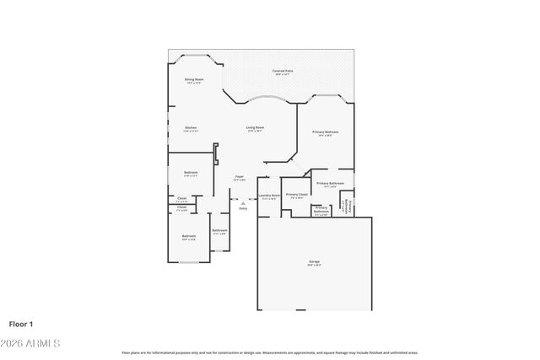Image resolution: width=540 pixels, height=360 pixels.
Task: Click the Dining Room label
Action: coord(194,79)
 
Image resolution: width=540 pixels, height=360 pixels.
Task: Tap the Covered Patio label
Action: coord(282,71)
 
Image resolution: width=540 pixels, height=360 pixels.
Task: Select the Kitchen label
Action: coord(191,127)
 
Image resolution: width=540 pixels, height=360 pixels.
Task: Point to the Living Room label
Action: coord(255,127)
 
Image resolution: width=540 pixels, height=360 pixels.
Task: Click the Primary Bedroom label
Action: coord(326,132)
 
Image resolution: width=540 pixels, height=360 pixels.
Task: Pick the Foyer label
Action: coord(240,176)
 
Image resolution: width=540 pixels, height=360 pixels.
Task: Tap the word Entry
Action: coord(243,208)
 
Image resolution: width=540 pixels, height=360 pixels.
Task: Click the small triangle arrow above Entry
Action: coord(243,202)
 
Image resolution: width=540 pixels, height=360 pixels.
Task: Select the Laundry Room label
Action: coord(269,195)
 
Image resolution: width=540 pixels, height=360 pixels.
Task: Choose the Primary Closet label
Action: coord(296,194)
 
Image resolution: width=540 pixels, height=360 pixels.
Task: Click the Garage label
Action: coord(315,263)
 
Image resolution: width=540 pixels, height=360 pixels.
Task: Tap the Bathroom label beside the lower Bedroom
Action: coord(219,230)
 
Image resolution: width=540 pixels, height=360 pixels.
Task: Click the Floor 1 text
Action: coord(20,323)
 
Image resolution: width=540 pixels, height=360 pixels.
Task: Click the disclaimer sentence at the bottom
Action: coord(270,352)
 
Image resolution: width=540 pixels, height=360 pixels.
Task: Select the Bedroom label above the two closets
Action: coord(191,172)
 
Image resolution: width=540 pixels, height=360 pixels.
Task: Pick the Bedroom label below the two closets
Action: coord(188,235)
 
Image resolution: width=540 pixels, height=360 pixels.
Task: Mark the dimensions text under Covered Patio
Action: coord(282,75)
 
